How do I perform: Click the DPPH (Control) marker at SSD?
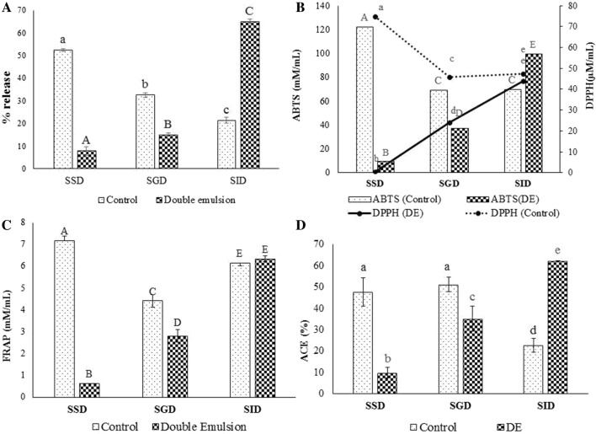[375, 16]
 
